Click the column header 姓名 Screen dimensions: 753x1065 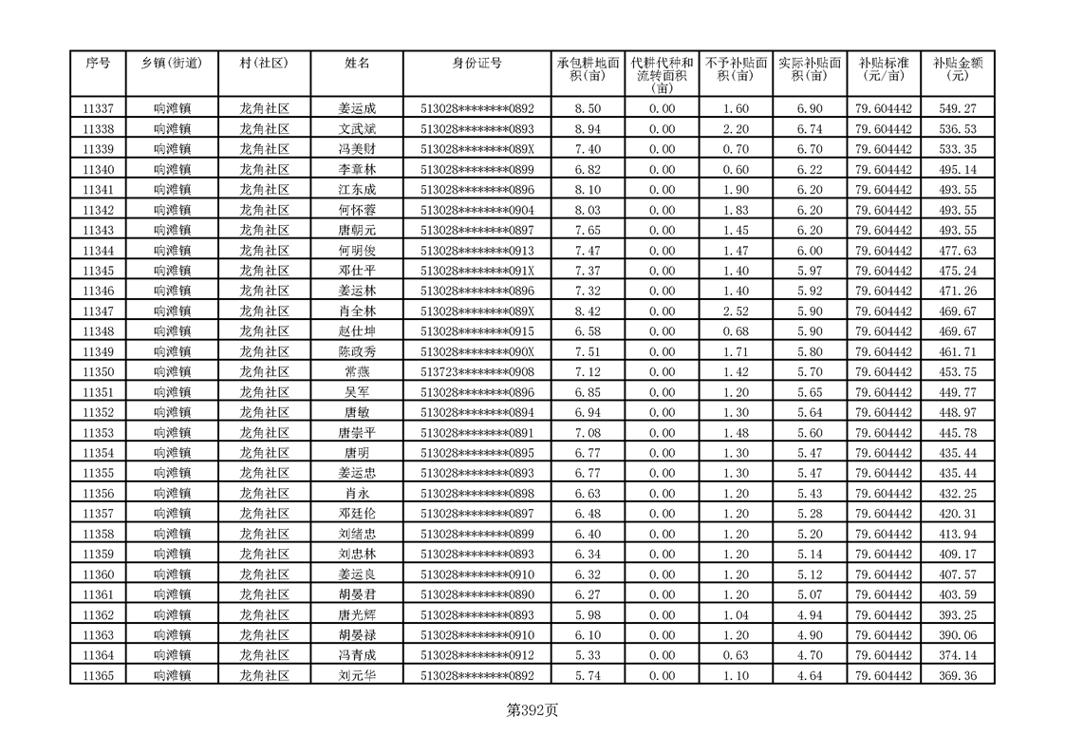point(357,63)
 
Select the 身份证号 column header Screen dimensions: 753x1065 point(477,63)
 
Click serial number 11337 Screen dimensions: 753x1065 point(99,109)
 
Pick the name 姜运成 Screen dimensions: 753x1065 point(357,109)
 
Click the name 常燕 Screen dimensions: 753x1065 point(357,372)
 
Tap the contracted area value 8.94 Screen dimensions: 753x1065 point(589,129)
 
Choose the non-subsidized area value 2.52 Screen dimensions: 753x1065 point(736,311)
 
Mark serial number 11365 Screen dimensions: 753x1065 point(99,676)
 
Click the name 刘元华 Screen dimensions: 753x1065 point(357,676)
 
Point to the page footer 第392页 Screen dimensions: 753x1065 point(532,709)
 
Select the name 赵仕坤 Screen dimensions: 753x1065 point(357,331)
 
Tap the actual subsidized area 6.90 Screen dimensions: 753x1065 point(810,109)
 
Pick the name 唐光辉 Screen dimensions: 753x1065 point(357,615)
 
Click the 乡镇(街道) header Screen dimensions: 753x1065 point(172,63)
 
